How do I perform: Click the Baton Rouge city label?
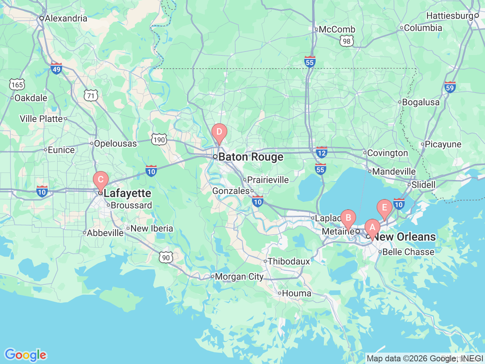click(x=250, y=157)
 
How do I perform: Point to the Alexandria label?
click(x=66, y=18)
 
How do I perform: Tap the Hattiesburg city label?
click(x=450, y=16)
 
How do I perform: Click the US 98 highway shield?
click(x=347, y=41)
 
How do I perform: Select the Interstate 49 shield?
click(x=56, y=69)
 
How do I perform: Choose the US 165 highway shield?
click(x=17, y=85)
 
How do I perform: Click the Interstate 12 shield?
click(x=321, y=152)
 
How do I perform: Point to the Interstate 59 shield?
click(x=450, y=87)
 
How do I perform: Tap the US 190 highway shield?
click(x=159, y=140)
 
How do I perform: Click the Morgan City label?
click(x=239, y=277)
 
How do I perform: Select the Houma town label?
click(x=296, y=293)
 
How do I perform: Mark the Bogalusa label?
click(x=421, y=102)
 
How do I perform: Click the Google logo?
click(x=25, y=355)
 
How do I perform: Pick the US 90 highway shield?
click(x=166, y=257)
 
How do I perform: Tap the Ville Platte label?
click(x=41, y=119)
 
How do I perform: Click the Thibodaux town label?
click(x=289, y=261)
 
